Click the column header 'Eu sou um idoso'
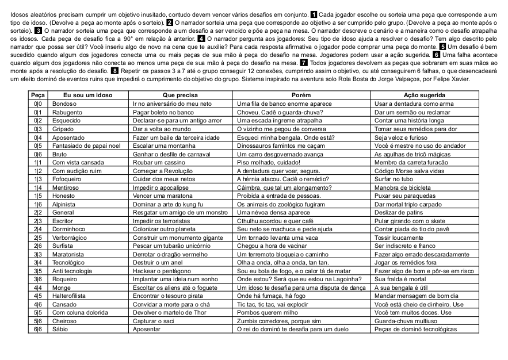(x=87, y=95)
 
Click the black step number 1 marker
(x=313, y=14)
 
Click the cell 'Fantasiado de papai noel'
(x=85, y=146)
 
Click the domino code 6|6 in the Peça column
(x=38, y=329)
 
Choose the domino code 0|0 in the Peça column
(x=38, y=104)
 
